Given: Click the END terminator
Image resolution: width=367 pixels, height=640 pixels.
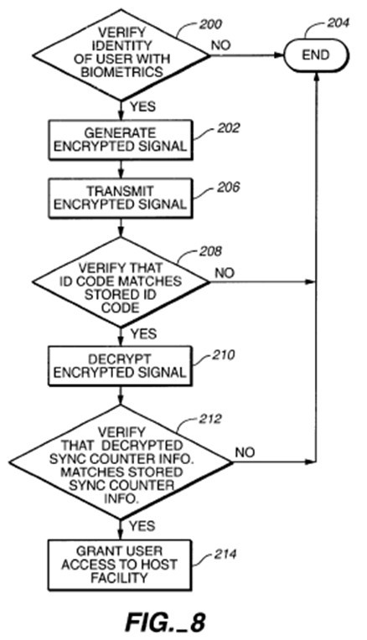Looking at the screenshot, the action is click(317, 54).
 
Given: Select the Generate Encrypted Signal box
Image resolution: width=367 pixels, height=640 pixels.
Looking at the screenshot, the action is click(121, 140).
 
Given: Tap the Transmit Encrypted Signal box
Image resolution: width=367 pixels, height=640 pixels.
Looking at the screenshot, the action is click(121, 198).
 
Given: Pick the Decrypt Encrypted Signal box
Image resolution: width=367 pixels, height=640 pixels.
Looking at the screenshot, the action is click(120, 366).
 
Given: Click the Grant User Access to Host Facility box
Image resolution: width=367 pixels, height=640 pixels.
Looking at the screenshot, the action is click(120, 565).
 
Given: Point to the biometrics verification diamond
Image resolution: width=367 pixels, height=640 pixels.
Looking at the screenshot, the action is click(121, 54).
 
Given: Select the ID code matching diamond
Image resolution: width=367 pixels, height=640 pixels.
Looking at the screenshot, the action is click(121, 282).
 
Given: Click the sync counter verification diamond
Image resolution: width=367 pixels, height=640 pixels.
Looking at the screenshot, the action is click(121, 462).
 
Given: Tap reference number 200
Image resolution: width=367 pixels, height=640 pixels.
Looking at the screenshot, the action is click(210, 24).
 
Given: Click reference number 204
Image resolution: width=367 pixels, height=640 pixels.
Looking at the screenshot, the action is click(338, 23).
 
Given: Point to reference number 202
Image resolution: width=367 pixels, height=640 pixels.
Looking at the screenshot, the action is click(228, 128).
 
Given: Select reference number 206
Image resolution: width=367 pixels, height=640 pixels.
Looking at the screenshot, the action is click(228, 188).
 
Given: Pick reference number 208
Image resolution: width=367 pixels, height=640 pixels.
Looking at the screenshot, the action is click(210, 251).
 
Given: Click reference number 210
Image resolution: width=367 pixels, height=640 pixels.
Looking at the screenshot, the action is click(223, 355).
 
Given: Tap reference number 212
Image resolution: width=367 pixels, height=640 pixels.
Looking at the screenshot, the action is click(210, 419).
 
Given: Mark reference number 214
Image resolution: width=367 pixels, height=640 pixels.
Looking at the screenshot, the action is click(225, 555).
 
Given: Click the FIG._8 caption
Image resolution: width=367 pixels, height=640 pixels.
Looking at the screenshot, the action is click(165, 622).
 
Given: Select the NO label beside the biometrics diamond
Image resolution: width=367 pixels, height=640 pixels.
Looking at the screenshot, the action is click(221, 45).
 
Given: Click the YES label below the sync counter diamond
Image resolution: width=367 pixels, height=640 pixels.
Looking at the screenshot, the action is click(142, 526).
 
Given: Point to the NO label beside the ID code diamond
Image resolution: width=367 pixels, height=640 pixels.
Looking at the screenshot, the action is click(225, 272).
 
